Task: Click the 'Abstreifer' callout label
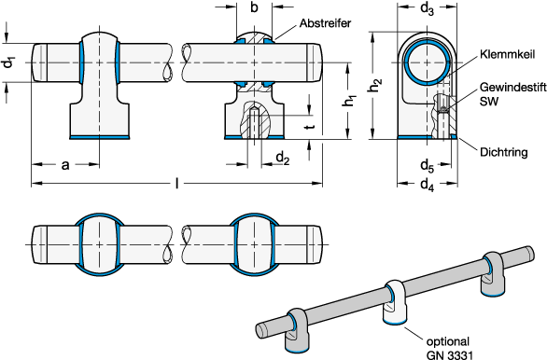click(x=325, y=23)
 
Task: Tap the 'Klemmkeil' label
click(x=507, y=54)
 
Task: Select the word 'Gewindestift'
click(x=512, y=87)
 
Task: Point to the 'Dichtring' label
click(x=504, y=152)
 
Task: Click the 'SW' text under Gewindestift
click(x=489, y=101)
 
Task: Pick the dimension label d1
click(x=9, y=62)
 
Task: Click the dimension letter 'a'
click(x=65, y=165)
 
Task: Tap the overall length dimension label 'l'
click(x=177, y=183)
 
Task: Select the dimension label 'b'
click(x=254, y=7)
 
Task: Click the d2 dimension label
click(x=283, y=159)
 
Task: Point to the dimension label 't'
click(x=310, y=127)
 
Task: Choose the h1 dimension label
click(x=349, y=101)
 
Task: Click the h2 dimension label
click(x=375, y=86)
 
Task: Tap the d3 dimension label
click(x=427, y=8)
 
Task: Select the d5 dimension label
click(x=427, y=165)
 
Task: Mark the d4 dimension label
click(x=427, y=185)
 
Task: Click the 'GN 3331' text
click(x=450, y=354)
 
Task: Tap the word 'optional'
click(x=448, y=341)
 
